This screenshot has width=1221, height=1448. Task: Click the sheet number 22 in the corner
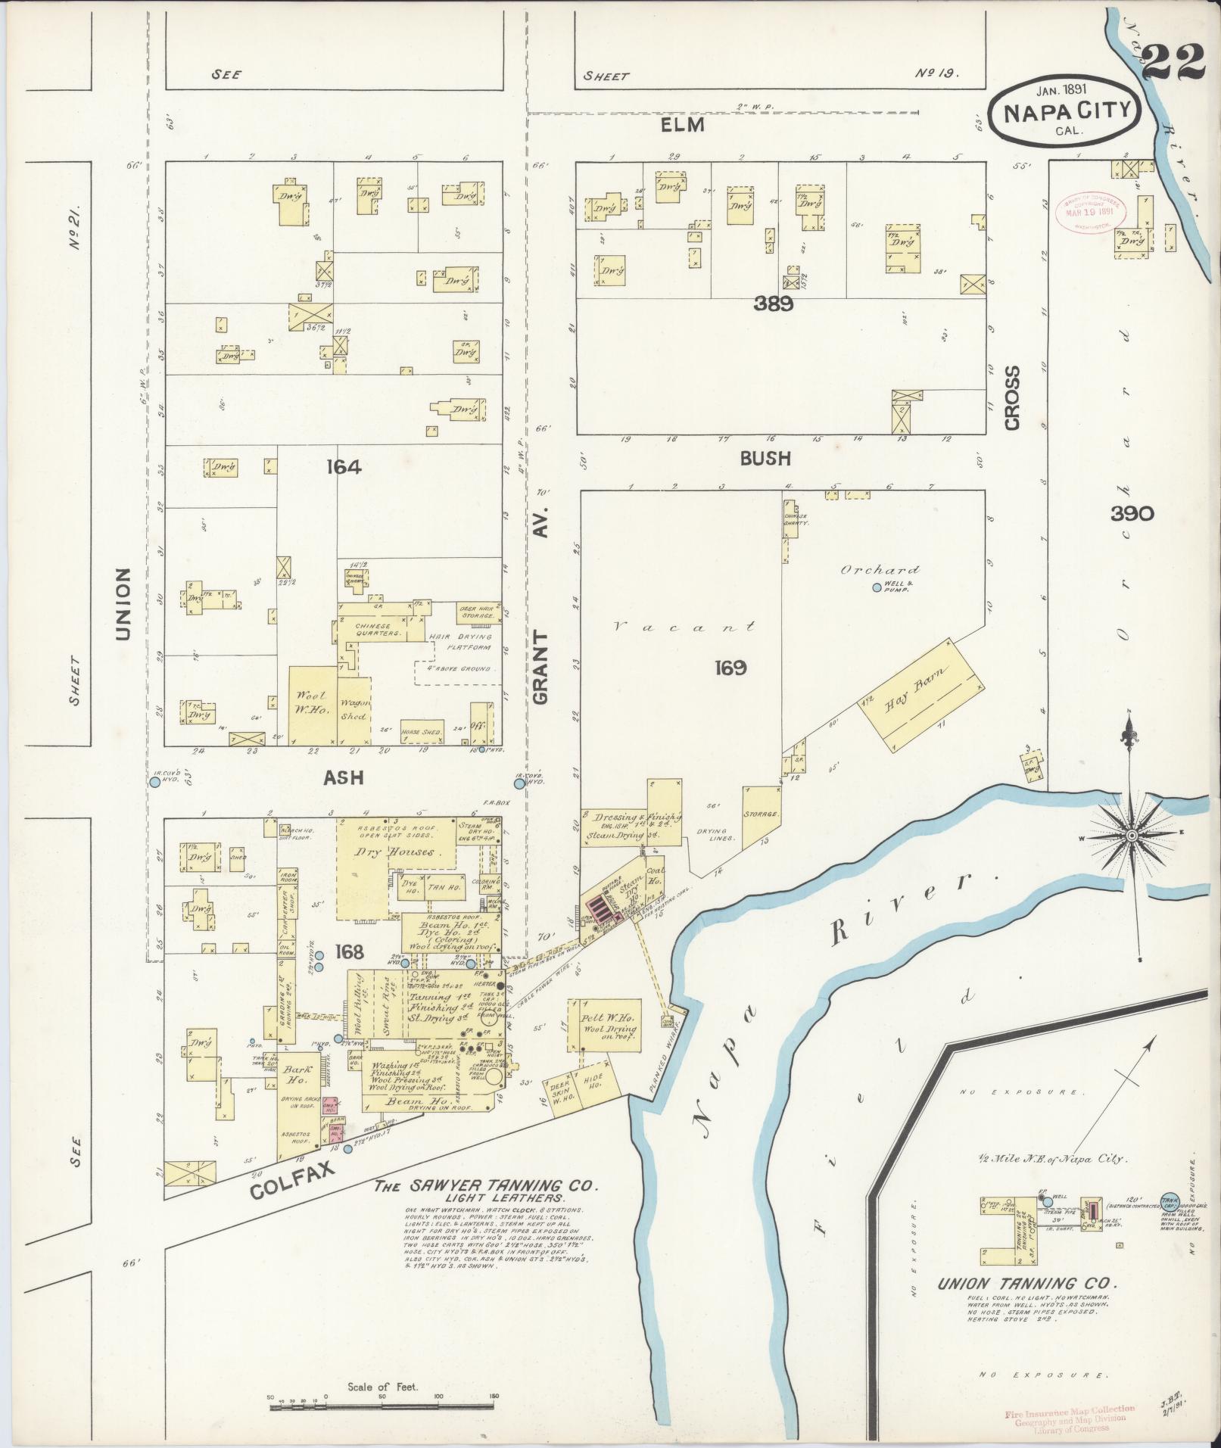click(1173, 63)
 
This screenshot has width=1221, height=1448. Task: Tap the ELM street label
click(682, 125)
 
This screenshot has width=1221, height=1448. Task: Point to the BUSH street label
click(765, 458)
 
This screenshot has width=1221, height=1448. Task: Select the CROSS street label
click(1013, 399)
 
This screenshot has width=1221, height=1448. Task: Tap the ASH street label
click(344, 777)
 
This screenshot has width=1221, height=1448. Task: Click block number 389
click(773, 304)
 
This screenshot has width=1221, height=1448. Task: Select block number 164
click(344, 468)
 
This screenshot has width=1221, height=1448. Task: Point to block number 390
click(1132, 514)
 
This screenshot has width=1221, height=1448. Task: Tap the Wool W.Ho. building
click(313, 705)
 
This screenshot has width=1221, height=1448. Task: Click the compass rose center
click(1131, 835)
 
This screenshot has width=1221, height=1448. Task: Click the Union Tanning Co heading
click(1027, 1284)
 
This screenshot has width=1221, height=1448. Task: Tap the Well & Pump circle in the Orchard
click(877, 587)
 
